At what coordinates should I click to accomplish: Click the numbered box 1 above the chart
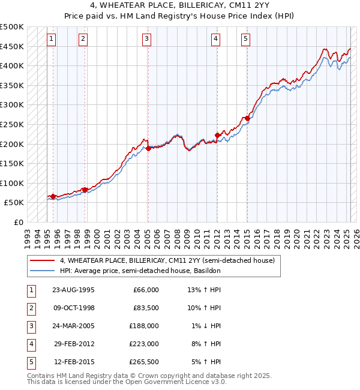[x=52, y=39]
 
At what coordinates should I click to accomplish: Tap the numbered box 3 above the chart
[x=146, y=39]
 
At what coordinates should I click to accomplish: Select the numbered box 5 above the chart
[x=246, y=39]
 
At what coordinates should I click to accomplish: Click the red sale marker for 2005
[x=148, y=148]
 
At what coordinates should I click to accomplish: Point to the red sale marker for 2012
[x=217, y=135]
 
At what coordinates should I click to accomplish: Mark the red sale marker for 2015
[x=247, y=119]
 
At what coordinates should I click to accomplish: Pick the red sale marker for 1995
[x=53, y=196]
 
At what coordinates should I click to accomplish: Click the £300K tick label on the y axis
[x=12, y=104]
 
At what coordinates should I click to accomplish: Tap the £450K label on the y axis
[x=12, y=46]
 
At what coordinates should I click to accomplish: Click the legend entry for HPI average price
[x=140, y=271]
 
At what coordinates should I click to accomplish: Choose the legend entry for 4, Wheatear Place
[x=167, y=260]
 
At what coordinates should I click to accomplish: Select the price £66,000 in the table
[x=144, y=290]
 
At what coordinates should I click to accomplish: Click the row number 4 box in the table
[x=31, y=344]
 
